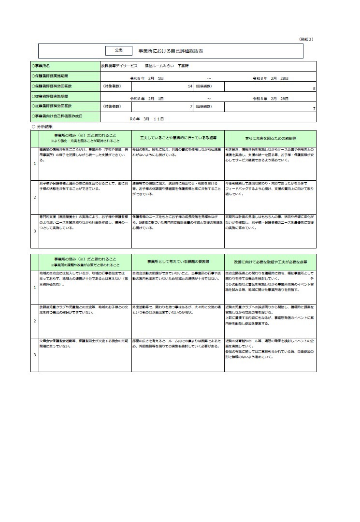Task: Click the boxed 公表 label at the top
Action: [119, 50]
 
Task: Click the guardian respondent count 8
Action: [314, 88]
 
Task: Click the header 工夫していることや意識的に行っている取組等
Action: [177, 138]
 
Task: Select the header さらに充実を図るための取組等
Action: [270, 138]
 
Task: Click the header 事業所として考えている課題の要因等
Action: [177, 262]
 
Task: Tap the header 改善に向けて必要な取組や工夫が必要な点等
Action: [270, 262]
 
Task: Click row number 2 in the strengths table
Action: [34, 197]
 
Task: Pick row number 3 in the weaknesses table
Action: [34, 355]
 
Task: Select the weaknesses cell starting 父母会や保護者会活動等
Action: [85, 344]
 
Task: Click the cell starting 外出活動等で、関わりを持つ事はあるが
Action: [177, 310]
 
